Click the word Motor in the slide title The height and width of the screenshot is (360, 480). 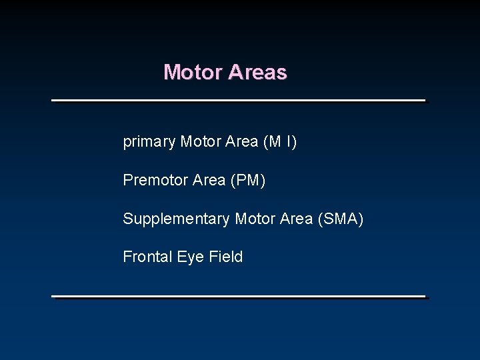coord(193,72)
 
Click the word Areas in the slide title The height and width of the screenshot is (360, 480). coord(257,72)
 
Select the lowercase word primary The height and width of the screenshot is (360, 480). coord(149,142)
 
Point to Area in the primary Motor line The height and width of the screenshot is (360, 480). coord(242,141)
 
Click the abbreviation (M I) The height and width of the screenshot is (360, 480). coord(281,141)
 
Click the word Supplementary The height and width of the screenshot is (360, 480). coord(177,219)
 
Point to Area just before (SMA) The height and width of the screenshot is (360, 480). coord(297,218)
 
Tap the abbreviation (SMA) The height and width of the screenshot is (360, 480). coord(341,218)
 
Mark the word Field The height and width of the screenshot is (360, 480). coord(226,257)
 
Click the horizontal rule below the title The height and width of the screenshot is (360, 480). coord(239,101)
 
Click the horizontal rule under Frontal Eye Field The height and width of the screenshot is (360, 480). coord(239,296)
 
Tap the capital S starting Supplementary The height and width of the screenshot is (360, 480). coord(127,218)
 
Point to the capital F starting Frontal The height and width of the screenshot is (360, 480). coord(127,257)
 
